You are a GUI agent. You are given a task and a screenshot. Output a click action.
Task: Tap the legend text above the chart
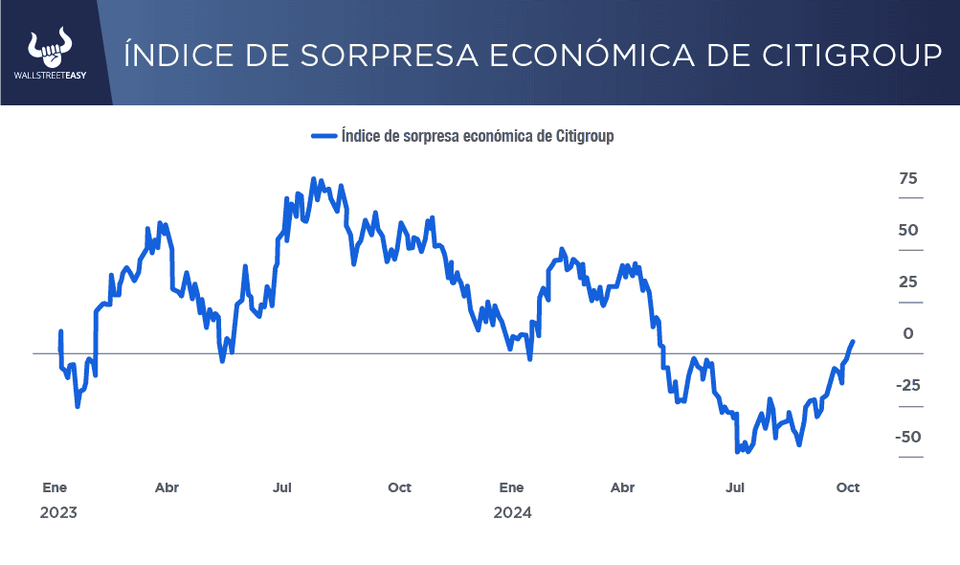(x=477, y=136)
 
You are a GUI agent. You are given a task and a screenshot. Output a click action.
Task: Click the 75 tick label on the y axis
(x=908, y=178)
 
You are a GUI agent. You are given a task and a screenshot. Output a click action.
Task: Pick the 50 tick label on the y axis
(x=908, y=231)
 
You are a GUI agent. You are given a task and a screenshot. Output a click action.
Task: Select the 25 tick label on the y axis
(x=908, y=282)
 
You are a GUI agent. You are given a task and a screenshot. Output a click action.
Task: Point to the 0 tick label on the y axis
(x=908, y=334)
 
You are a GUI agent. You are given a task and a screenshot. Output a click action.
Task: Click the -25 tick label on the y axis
(x=907, y=386)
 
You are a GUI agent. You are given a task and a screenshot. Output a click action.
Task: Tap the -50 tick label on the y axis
(x=907, y=438)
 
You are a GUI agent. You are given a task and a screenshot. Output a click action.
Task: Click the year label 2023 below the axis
(x=58, y=513)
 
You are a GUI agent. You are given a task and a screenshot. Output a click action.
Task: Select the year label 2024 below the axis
(x=512, y=513)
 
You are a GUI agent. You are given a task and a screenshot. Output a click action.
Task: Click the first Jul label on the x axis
(x=282, y=487)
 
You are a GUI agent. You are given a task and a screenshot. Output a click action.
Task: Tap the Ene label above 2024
(x=511, y=487)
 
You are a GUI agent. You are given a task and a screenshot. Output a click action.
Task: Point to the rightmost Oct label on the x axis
(x=848, y=487)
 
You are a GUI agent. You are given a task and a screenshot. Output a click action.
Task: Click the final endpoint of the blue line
(x=853, y=341)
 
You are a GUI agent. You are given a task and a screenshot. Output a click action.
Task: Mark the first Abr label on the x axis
(x=167, y=487)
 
